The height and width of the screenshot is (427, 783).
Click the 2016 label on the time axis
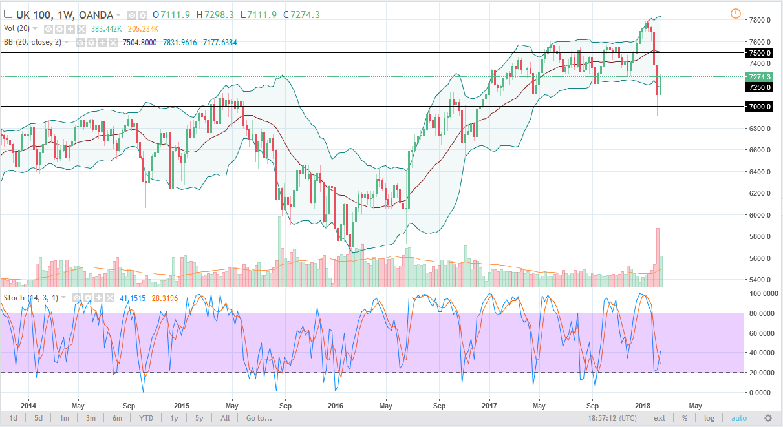tap(336, 406)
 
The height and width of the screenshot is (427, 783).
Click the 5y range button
tap(199, 418)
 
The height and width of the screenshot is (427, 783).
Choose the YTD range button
tap(146, 418)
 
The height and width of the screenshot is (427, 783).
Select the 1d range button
tap(12, 418)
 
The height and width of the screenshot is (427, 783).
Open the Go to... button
tap(259, 418)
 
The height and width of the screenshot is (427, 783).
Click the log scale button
tap(709, 418)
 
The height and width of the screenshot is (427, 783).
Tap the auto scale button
tap(738, 418)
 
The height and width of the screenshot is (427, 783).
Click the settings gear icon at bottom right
tap(768, 418)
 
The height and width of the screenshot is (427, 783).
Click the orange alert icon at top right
tap(735, 14)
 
